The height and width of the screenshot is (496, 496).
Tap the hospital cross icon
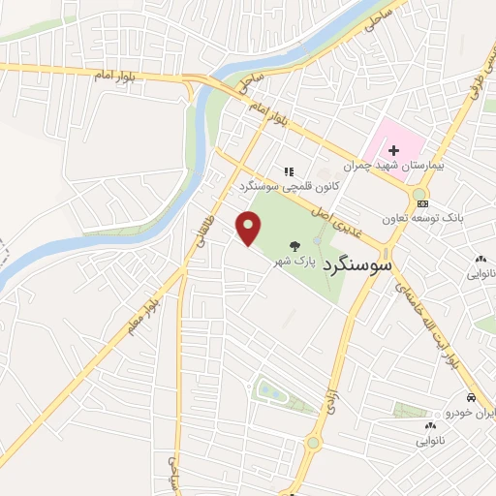click(394, 150)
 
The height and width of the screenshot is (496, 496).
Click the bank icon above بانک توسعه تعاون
click(419, 203)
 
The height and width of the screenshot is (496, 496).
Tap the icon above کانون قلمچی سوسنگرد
click(288, 170)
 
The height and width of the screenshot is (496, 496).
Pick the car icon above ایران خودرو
click(470, 398)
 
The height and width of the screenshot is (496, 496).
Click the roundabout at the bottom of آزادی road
click(313, 444)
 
